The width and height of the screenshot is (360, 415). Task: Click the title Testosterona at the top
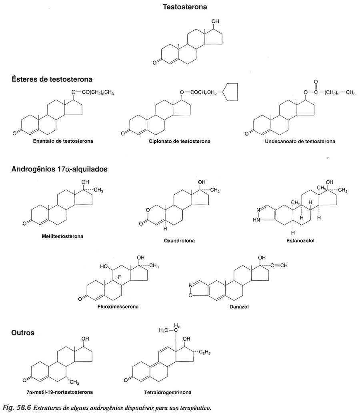click(185, 7)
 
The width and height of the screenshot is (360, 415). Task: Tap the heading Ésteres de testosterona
click(52, 79)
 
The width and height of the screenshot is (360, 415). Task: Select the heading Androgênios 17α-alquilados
click(60, 169)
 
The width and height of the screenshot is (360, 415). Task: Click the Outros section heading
click(23, 332)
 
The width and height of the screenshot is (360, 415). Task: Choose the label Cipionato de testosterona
click(179, 141)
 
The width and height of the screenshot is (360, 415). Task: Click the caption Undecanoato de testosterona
click(300, 141)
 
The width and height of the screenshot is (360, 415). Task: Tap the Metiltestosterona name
click(62, 236)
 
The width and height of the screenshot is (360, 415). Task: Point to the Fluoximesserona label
click(114, 307)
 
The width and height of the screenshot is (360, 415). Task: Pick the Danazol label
click(234, 307)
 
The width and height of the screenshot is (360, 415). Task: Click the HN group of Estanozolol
click(256, 219)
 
